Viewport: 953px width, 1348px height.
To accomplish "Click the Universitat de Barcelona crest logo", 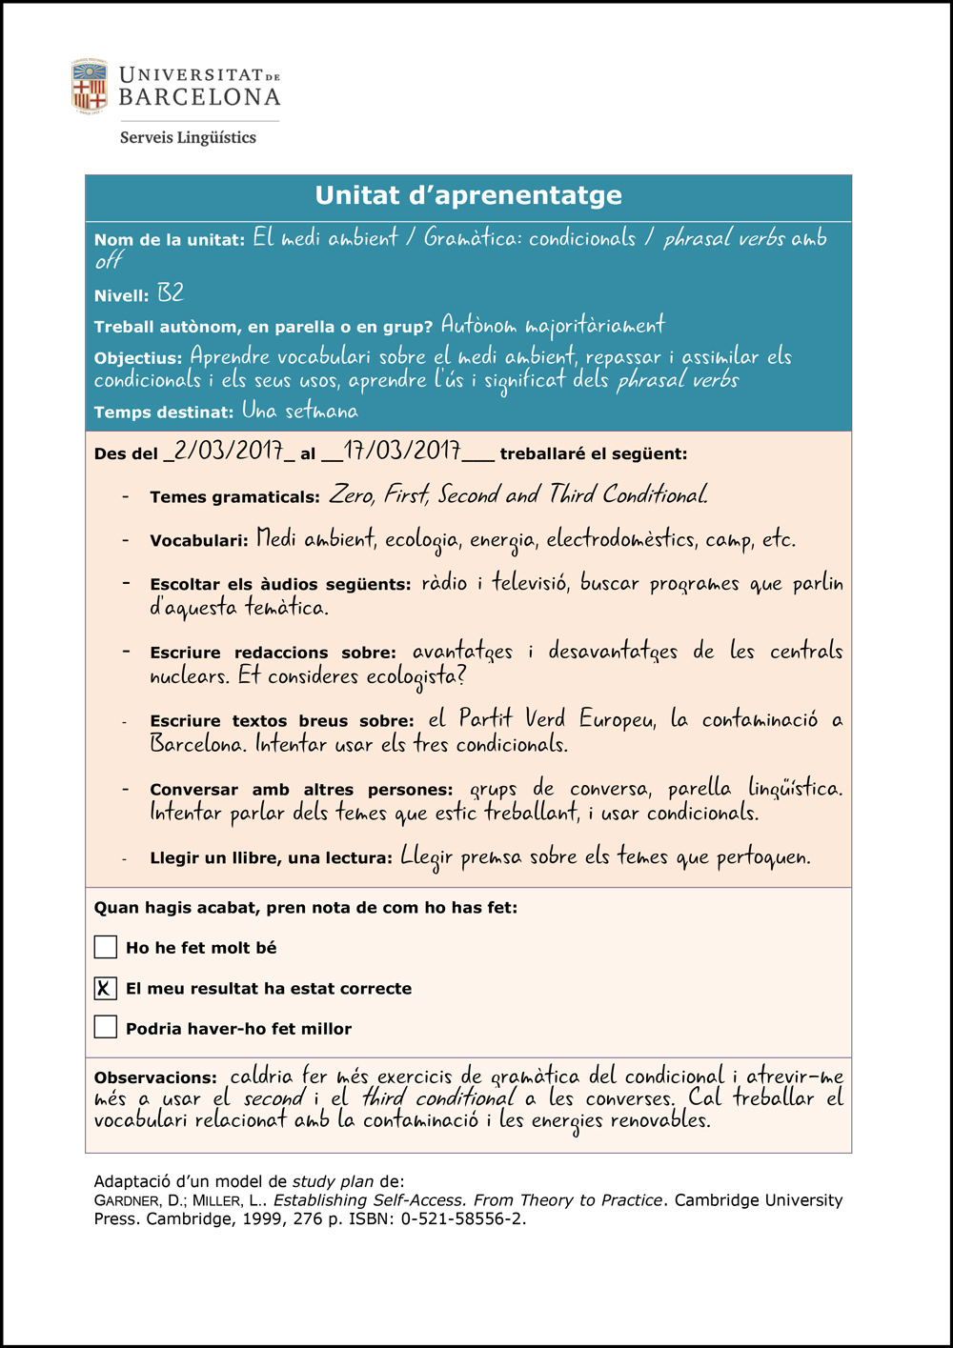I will pos(90,86).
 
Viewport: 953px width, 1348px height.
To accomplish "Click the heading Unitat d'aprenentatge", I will pos(468,195).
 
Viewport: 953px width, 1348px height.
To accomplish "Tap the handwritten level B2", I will pos(171,293).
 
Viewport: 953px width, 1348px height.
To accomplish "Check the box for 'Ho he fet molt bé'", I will pos(106,947).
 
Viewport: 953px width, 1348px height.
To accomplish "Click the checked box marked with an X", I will pos(106,988).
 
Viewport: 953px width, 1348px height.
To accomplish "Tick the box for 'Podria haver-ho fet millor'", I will pos(106,1028).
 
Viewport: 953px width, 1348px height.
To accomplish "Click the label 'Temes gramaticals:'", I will pos(234,497).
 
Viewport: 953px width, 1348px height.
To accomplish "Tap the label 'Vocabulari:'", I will pos(198,541).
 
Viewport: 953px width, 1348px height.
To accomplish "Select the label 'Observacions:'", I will pos(155,1078).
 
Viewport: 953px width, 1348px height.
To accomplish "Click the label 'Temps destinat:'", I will pos(163,412).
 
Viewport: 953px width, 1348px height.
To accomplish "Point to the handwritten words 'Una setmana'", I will pos(300,412).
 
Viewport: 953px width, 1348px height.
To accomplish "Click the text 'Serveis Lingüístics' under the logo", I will pos(188,137).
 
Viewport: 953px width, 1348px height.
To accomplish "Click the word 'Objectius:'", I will pos(137,359).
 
